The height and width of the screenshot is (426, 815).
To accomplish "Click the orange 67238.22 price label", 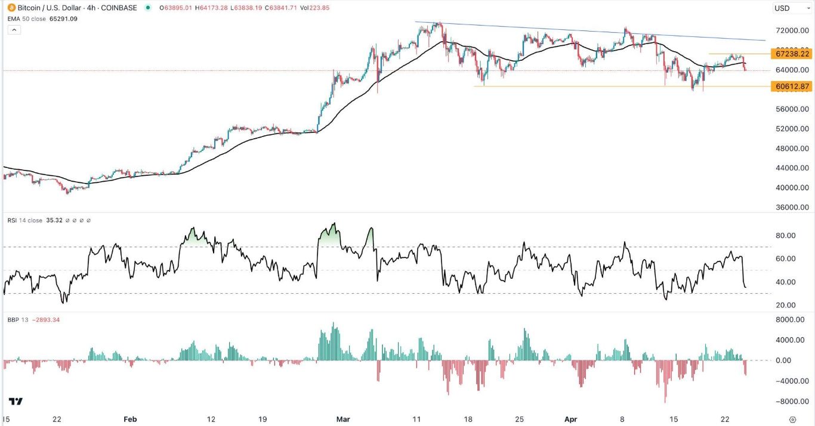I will [791, 54].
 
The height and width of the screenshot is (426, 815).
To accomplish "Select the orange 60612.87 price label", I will [791, 86].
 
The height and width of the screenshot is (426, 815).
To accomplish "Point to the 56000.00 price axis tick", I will [792, 110].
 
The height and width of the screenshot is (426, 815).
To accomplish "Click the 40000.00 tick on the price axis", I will [792, 188].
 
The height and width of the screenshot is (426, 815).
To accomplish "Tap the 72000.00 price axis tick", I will [792, 30].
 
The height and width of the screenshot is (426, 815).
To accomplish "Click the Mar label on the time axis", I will [342, 419].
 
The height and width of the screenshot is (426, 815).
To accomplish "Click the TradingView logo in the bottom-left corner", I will [16, 402].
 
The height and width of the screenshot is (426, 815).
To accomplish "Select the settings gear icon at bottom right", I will [792, 419].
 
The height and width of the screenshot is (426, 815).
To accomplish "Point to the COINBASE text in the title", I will [120, 8].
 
